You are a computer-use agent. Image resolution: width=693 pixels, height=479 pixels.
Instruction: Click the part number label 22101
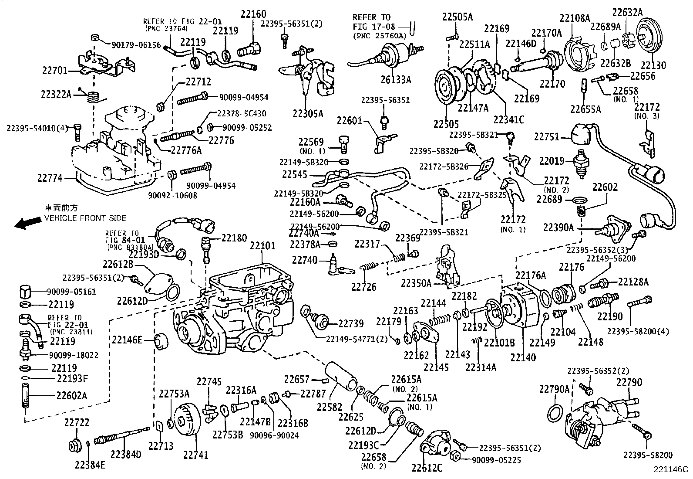[x=262, y=246]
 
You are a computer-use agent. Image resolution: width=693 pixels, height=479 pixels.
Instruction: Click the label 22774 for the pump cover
[x=50, y=178]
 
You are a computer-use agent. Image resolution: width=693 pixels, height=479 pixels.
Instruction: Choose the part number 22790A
[x=554, y=389]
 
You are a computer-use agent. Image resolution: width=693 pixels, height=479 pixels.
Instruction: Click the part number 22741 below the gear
[x=195, y=455]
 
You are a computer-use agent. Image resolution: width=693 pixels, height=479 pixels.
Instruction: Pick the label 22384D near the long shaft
[x=126, y=454]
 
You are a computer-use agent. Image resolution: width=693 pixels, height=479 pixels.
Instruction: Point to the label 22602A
[x=71, y=395]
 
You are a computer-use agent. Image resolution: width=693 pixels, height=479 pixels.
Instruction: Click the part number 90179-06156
[x=136, y=45]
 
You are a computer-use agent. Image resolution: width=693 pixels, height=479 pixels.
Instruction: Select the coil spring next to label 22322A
[x=92, y=97]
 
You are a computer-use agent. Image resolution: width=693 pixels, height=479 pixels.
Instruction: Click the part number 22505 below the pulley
[x=446, y=124]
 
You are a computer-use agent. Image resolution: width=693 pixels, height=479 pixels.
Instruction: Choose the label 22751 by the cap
[x=546, y=137]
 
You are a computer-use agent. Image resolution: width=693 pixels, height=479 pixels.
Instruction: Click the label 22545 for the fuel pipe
[x=295, y=175]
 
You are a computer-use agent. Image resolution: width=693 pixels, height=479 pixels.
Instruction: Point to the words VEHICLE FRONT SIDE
[x=85, y=218]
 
